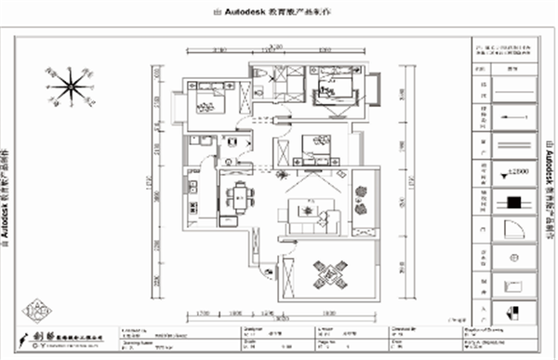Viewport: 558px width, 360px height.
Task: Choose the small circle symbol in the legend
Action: click(x=513, y=256)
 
